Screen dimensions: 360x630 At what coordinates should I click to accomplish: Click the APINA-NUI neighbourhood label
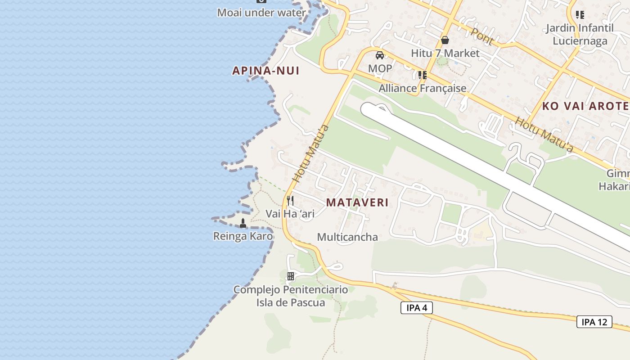(x=265, y=71)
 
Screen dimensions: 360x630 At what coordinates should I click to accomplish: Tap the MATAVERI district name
(x=357, y=202)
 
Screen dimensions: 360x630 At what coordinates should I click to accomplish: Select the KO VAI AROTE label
(x=585, y=106)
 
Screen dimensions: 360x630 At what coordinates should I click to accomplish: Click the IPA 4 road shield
(x=416, y=308)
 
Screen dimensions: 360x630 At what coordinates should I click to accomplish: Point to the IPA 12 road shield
(x=594, y=322)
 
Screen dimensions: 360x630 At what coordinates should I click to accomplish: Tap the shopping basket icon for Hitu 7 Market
(x=445, y=40)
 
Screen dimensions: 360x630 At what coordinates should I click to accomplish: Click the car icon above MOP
(x=380, y=55)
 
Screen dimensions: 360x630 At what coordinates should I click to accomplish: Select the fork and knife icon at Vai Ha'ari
(x=290, y=200)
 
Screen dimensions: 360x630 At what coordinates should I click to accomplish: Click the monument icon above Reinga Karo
(x=243, y=222)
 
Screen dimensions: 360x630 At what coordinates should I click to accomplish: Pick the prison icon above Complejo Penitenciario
(x=291, y=276)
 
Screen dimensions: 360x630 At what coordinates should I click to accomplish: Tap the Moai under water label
(x=261, y=13)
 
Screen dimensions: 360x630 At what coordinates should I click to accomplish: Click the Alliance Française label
(x=422, y=88)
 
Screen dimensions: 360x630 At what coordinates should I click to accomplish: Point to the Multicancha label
(x=347, y=237)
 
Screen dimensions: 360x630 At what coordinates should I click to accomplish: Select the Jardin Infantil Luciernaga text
(x=580, y=35)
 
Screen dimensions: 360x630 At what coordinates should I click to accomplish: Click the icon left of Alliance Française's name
(x=422, y=75)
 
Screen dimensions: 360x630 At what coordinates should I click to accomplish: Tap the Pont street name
(x=482, y=36)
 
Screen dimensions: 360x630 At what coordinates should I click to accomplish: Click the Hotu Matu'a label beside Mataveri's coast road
(x=310, y=153)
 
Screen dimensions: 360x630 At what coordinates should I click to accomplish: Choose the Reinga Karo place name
(x=243, y=236)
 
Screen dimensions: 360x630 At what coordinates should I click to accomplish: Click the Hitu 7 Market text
(x=445, y=54)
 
